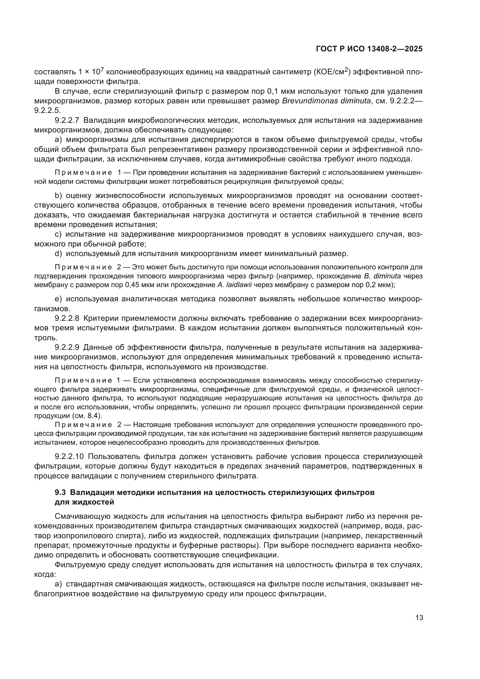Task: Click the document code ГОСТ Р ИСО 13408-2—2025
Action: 369,49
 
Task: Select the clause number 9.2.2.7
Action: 67,120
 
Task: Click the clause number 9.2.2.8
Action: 67,318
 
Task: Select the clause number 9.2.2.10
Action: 69,457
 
